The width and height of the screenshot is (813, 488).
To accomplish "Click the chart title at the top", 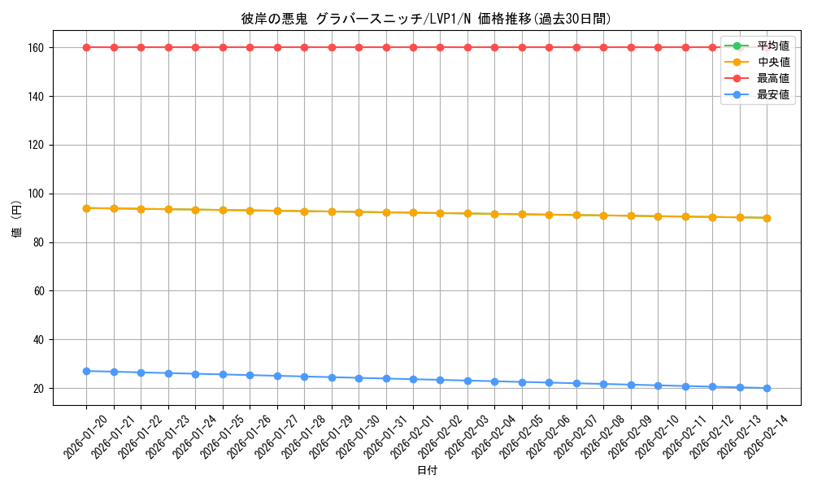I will point(426,19).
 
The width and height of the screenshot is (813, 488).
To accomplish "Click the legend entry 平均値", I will point(772,46).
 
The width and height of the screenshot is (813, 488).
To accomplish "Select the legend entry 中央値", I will point(772,62).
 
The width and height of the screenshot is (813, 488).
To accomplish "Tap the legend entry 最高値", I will point(772,78).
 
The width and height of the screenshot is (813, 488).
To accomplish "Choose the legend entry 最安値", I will point(772,94).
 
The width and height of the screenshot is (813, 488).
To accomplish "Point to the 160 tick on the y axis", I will point(37,47).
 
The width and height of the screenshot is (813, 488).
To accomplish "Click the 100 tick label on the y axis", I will point(37,194).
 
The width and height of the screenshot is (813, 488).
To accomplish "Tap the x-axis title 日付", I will point(427,471).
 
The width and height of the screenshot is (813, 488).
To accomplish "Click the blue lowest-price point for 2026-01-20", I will point(86,371).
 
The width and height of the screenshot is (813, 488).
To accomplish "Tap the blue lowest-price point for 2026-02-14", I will point(767,388).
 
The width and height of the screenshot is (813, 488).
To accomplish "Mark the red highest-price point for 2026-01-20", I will point(86,47).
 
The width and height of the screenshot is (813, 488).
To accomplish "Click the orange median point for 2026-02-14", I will point(767,218).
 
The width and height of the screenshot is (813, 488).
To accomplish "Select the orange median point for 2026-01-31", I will point(386,212).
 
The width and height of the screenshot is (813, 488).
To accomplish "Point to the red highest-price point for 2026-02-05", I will point(522,47).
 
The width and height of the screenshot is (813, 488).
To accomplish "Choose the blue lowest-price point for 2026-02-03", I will point(467,381).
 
